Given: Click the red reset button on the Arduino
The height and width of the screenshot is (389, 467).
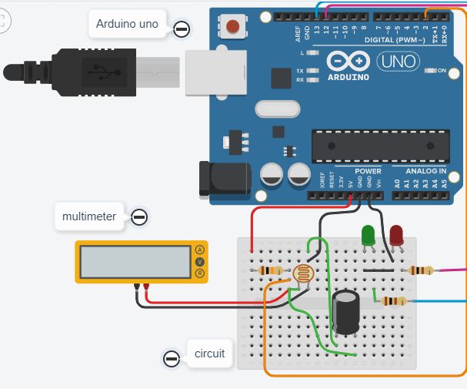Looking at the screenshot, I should point(232,29).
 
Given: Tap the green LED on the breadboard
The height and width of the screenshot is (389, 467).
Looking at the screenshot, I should point(369,235).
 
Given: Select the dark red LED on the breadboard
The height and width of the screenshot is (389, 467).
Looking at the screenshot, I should point(397,235).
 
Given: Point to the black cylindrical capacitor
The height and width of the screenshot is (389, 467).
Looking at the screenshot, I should point(347,312).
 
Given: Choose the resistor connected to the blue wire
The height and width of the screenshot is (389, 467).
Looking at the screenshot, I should point(394,301).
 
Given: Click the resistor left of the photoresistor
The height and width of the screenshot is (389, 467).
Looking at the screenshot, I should point(271,271).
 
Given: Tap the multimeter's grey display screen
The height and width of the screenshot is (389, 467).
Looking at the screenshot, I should point(135,261).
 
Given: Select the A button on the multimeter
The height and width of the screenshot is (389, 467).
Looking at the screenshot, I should point(200,250).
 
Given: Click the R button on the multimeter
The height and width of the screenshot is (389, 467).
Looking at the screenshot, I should point(200,273).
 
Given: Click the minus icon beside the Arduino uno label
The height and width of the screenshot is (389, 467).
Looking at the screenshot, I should point(182,29).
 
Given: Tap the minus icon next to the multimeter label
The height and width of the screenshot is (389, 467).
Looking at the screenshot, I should point(139,217).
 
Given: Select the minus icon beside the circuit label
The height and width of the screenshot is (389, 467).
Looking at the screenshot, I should point(172,358).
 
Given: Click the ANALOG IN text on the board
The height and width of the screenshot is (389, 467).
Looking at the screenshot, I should point(420,170).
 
